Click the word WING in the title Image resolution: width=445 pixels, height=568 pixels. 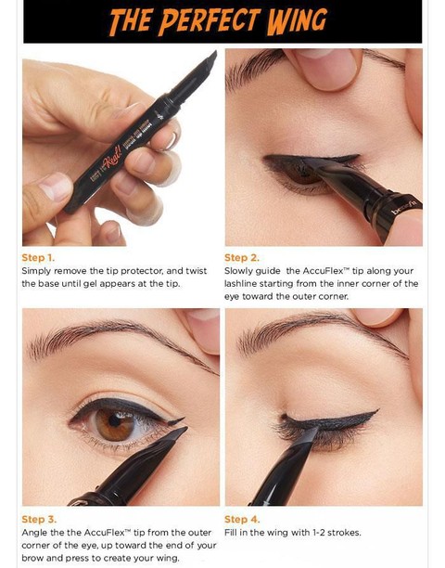(297, 20)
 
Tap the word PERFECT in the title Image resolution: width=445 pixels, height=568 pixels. (210, 20)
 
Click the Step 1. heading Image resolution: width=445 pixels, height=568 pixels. (38, 258)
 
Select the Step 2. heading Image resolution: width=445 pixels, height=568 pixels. (242, 258)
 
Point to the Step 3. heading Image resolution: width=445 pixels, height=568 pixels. (39, 519)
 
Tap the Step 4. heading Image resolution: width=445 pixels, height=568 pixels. (242, 519)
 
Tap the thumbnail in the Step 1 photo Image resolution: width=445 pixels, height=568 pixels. (56, 186)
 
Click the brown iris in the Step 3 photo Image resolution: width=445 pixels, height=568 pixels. (115, 422)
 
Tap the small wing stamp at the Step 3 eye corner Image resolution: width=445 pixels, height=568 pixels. (176, 421)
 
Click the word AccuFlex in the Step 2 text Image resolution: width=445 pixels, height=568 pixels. (323, 271)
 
